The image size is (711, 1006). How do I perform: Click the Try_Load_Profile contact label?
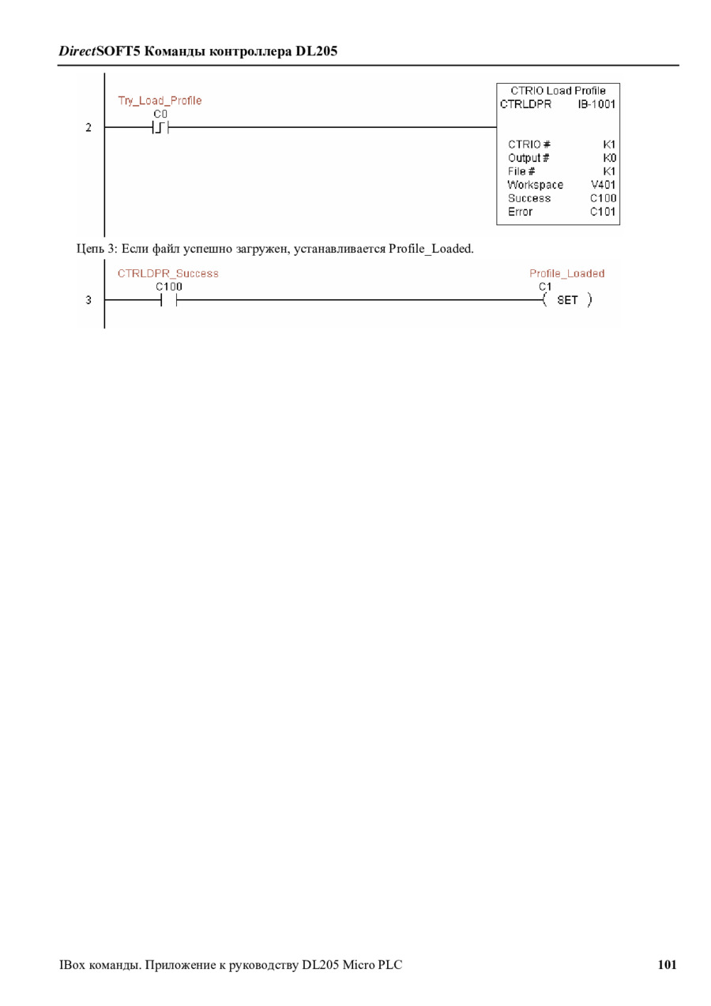(160, 100)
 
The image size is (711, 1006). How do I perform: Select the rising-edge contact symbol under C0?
(160, 127)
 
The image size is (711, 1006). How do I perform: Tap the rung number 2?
(88, 127)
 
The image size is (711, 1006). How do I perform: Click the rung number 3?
(88, 300)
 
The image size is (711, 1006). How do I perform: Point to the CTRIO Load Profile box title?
(558, 91)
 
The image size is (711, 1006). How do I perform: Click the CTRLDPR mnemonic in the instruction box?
(526, 104)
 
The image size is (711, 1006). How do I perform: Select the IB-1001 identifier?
(596, 104)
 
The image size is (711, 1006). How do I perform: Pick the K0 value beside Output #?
(609, 158)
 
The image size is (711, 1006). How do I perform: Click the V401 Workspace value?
(604, 185)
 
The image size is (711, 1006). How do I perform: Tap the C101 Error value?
(603, 212)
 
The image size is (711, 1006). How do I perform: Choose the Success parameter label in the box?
(529, 198)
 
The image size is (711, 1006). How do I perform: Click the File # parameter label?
(521, 171)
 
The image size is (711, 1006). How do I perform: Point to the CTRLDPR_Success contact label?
(168, 273)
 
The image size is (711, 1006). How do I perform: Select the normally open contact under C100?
(168, 300)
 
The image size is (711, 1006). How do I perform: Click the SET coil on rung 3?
(567, 300)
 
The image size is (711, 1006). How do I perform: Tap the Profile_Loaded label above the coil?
(566, 273)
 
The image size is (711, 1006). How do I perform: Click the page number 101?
(667, 964)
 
